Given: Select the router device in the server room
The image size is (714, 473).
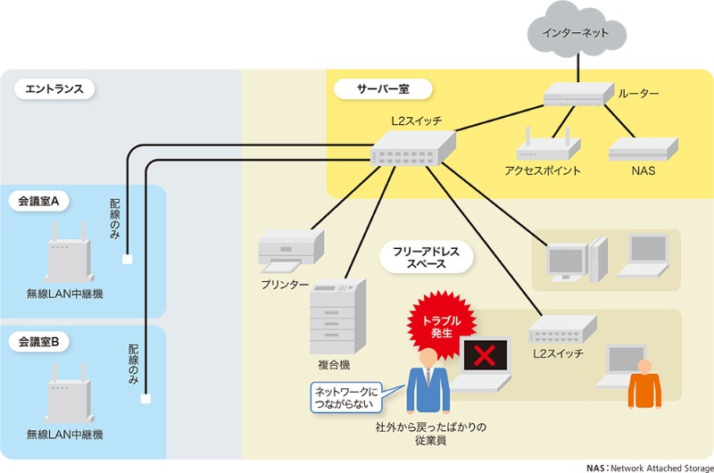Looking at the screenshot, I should tap(576, 96).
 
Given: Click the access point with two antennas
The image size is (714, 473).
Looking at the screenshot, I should tap(544, 147).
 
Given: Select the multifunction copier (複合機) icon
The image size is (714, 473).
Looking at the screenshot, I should tap(337, 316).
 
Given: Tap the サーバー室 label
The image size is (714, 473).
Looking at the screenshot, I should tap(382, 89).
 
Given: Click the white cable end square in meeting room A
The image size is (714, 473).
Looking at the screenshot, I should tap(128, 260).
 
